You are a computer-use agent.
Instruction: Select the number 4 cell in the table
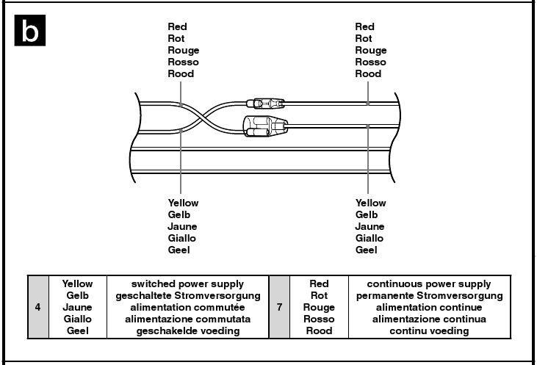37,307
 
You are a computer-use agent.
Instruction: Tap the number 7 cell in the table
280,307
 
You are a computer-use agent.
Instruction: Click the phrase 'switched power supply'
188,283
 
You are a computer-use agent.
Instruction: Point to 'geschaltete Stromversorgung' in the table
188,295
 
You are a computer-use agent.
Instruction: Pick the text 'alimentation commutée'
188,307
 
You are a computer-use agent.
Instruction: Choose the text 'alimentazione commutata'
188,319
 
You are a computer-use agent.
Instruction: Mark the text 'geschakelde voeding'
188,330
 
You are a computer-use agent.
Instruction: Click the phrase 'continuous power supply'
429,283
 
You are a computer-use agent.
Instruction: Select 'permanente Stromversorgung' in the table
429,295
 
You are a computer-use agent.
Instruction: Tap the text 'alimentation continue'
429,307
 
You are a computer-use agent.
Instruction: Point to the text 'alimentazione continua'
429,319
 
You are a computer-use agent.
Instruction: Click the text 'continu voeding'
429,330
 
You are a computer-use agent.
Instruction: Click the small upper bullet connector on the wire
268,101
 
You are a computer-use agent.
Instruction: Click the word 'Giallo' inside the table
78,319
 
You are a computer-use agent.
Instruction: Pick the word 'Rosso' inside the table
319,319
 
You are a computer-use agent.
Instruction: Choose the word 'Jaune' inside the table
78,307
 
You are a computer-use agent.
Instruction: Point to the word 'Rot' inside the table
319,295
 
